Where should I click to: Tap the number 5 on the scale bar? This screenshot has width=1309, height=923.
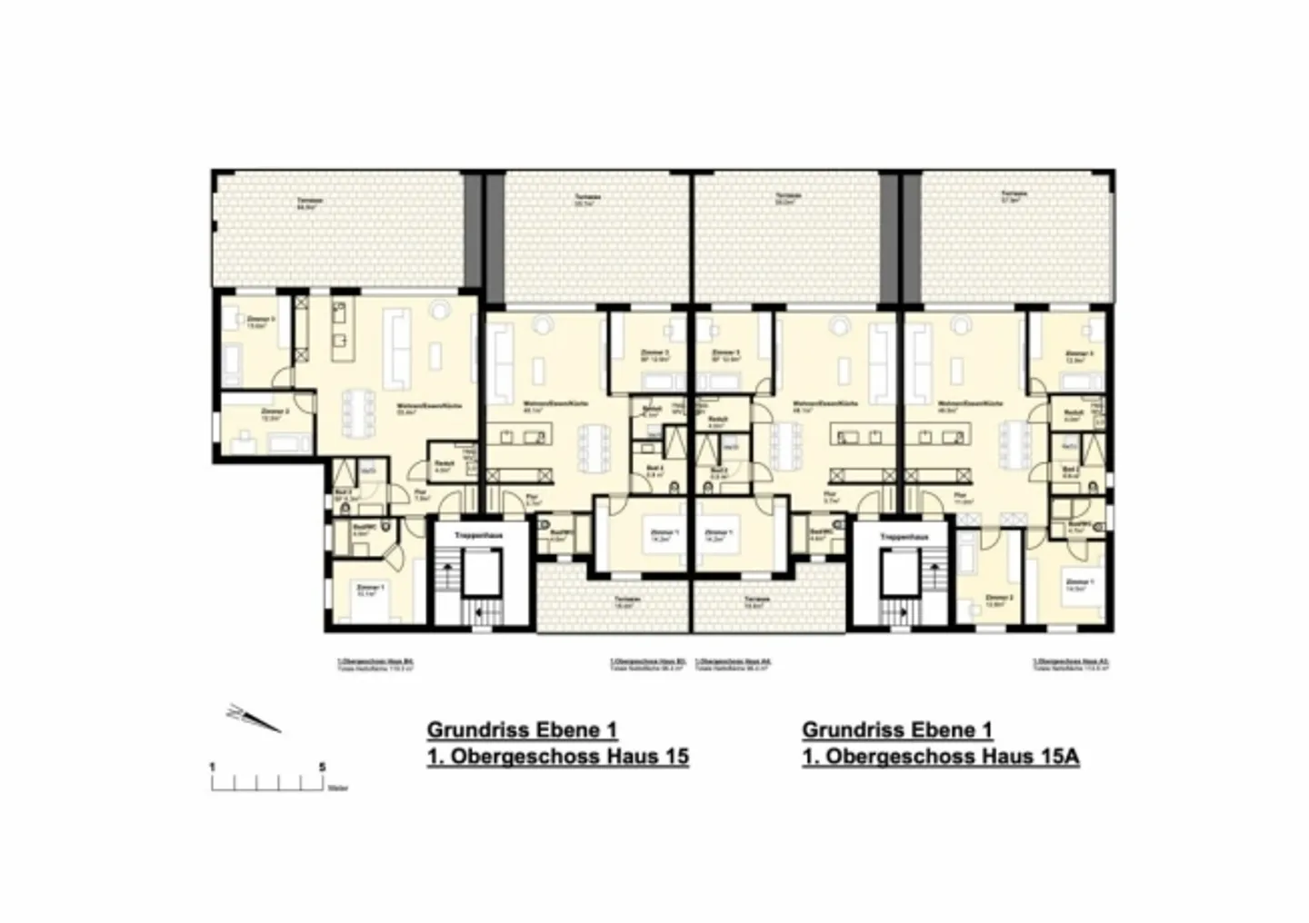[323, 767]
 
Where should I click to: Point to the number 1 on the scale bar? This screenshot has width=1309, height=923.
[213, 767]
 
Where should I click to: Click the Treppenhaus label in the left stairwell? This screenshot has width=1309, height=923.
[479, 536]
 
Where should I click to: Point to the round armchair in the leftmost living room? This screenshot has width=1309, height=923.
[439, 312]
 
